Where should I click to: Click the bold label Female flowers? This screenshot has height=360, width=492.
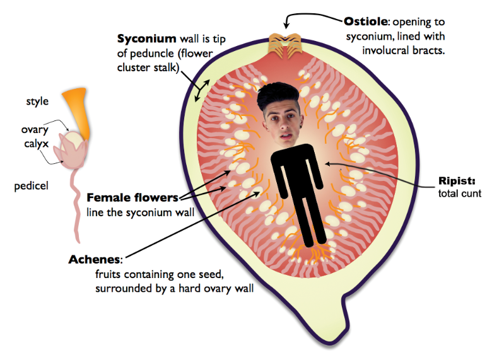coord(132,197)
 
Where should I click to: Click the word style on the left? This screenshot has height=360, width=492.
coord(37,101)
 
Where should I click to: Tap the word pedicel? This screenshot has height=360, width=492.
coord(32,186)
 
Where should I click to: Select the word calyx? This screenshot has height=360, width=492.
coord(35,144)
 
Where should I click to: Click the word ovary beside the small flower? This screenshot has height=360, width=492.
coord(35,130)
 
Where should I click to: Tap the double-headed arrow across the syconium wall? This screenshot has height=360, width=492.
coord(202,91)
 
